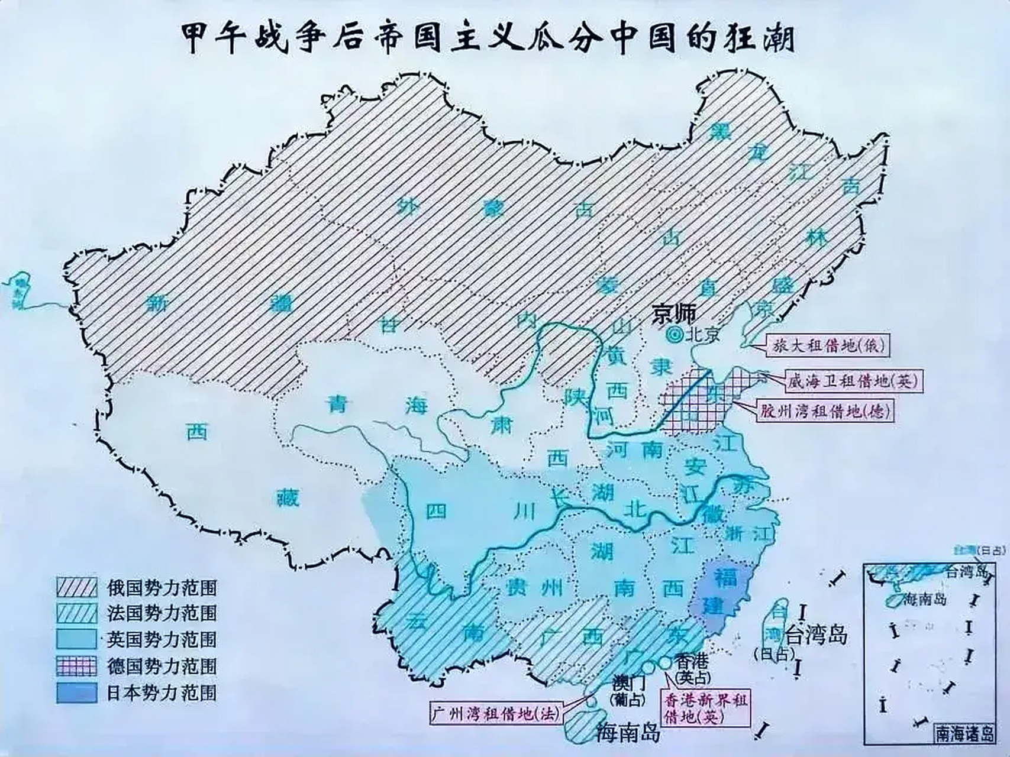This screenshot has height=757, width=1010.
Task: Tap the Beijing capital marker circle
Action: tap(673, 335)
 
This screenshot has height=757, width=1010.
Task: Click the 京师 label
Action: tap(675, 314)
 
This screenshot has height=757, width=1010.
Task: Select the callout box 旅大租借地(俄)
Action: tap(828, 345)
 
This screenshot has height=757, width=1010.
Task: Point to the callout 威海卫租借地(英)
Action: tap(852, 382)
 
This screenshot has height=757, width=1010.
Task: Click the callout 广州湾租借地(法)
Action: tap(495, 714)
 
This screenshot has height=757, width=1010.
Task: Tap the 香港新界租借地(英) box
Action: tap(704, 709)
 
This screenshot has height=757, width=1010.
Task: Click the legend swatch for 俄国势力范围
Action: tap(76, 587)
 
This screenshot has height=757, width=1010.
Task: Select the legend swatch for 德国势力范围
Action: tap(76, 666)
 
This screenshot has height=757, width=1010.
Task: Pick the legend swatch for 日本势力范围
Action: tap(76, 693)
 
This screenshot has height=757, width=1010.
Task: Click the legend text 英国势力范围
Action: tap(162, 639)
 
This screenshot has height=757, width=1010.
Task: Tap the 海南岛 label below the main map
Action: tap(628, 733)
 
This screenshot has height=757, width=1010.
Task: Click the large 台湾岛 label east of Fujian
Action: tap(816, 636)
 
